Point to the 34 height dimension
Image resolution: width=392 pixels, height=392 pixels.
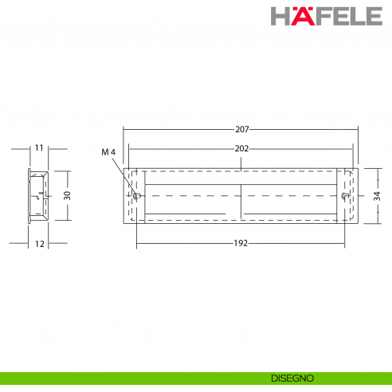tap(376, 195)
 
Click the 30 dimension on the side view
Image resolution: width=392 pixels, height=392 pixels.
tap(68, 194)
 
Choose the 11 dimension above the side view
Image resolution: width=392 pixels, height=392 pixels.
tap(38, 148)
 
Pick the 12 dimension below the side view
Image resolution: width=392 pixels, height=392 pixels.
tap(39, 243)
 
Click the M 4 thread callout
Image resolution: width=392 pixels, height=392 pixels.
tap(109, 151)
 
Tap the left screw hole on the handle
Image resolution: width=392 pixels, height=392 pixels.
tap(137, 195)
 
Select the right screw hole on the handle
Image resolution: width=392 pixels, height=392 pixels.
tap(344, 195)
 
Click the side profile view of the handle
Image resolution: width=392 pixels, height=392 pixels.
tap(38, 195)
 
